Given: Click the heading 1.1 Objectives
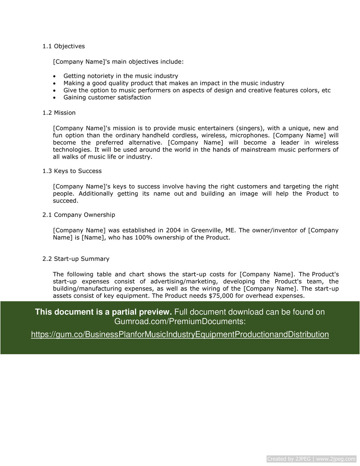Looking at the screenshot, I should (63, 46).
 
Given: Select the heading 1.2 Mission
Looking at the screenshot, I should (59, 113).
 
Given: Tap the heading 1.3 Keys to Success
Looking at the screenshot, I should (72, 171).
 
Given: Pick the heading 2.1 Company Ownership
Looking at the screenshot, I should (78, 215).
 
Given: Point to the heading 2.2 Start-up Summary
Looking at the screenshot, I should (76, 259).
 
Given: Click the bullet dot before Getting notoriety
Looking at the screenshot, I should (54, 76).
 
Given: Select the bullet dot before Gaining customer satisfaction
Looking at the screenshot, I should (54, 98).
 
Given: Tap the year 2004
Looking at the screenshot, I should (173, 230).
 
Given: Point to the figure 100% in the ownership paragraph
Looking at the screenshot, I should (143, 237).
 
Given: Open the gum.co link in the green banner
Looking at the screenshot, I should (180, 335).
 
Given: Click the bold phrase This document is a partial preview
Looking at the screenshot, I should (103, 312).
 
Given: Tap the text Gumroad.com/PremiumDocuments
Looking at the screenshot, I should (180, 322).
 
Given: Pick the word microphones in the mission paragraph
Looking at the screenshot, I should (250, 135).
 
